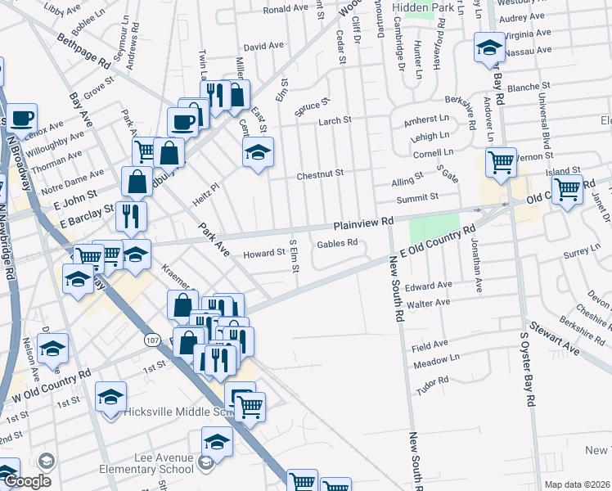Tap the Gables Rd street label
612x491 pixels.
pos(337,242)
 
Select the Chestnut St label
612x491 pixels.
pos(319,173)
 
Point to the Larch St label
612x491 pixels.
pos(334,120)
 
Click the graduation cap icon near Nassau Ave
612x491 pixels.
pos(489,47)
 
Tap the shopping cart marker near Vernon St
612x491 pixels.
pos(500,161)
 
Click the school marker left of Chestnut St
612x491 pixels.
pos(258,151)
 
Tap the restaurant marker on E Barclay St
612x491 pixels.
pos(131,216)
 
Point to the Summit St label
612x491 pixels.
pos(417,196)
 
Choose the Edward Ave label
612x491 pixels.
pos(434,285)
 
